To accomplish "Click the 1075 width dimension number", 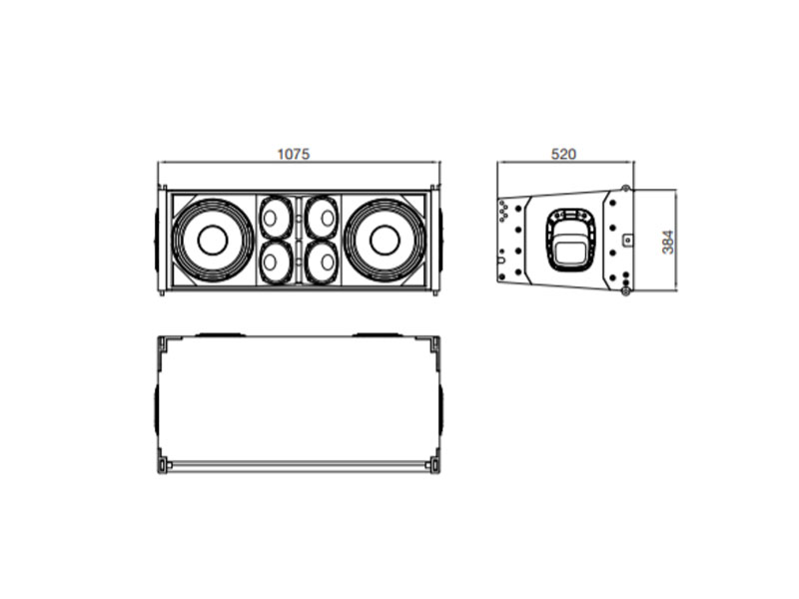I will (x=294, y=155).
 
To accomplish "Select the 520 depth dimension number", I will (x=564, y=155).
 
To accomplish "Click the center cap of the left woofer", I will (x=212, y=240).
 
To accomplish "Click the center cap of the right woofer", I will (x=386, y=240).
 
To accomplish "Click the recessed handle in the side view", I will (x=567, y=240).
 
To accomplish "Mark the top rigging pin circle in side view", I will (x=625, y=190).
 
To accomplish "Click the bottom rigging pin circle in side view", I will (x=625, y=291).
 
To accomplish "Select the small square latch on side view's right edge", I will (x=627, y=240).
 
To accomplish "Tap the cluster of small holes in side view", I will (x=504, y=211).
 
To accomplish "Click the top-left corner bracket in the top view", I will (x=163, y=343).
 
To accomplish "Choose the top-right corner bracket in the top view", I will (x=433, y=343).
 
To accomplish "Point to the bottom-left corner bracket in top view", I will (x=163, y=463).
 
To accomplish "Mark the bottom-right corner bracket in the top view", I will (x=433, y=463).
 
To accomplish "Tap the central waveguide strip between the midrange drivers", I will (x=299, y=240).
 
